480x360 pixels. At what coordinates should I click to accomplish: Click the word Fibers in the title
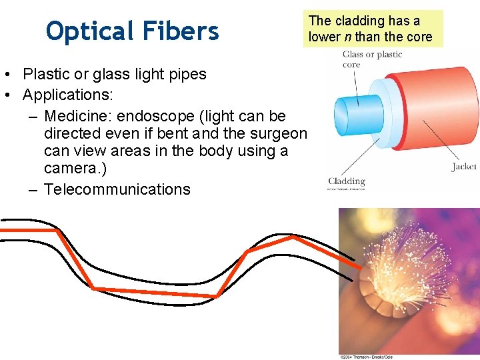tap(181, 31)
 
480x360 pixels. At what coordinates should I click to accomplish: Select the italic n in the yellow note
tap(347, 37)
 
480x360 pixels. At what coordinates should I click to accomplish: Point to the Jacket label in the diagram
tap(464, 167)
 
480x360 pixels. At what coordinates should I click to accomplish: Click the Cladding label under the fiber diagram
tap(347, 181)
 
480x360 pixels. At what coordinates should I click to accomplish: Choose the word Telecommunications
tap(117, 189)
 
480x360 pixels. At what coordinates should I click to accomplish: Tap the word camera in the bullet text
tap(73, 169)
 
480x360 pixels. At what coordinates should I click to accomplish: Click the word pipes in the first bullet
tap(187, 74)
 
